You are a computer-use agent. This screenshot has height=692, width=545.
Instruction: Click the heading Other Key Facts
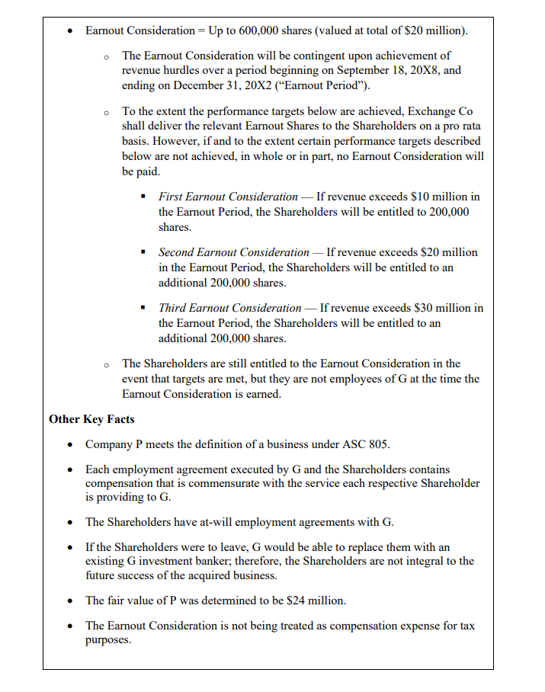coord(91,419)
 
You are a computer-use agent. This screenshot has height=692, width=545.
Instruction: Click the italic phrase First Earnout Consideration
coord(228,197)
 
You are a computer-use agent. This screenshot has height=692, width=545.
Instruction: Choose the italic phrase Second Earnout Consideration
coord(233,252)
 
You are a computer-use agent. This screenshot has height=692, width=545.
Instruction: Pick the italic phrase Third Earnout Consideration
coord(229,308)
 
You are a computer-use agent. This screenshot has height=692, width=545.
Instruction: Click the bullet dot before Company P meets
coord(70,445)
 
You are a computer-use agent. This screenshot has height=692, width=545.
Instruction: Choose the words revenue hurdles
coord(155,70)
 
